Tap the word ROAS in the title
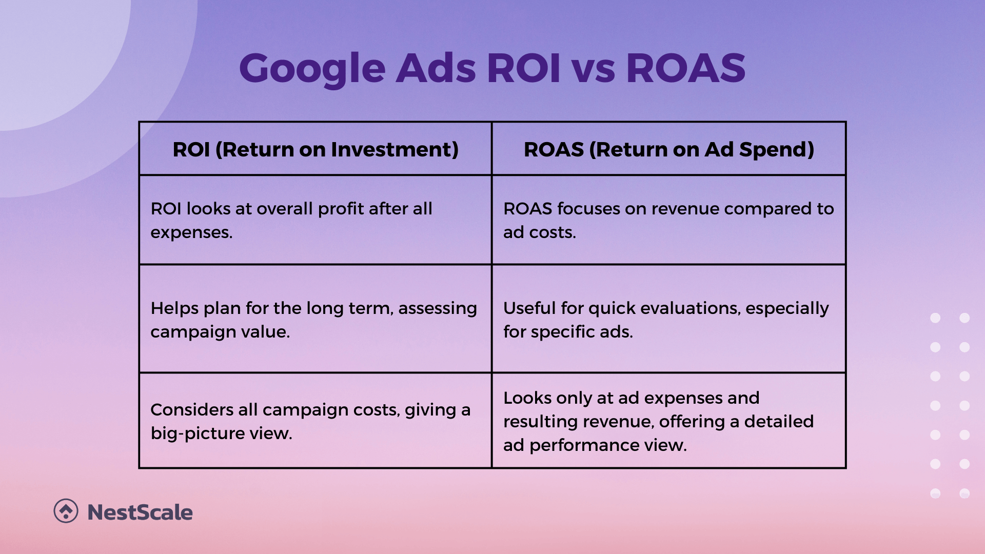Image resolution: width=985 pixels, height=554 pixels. click(x=685, y=68)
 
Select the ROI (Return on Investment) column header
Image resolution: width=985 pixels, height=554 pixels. click(x=316, y=149)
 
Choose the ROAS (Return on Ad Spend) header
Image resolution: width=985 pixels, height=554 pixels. click(x=669, y=149)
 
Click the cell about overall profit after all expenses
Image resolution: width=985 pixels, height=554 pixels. click(x=316, y=220)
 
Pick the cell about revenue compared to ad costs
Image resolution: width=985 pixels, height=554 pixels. click(x=669, y=220)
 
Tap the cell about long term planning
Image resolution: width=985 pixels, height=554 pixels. click(x=316, y=319)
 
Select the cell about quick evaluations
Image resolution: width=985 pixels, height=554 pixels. click(x=669, y=319)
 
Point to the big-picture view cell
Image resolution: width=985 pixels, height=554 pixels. click(x=316, y=421)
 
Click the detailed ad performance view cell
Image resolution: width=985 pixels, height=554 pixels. click(x=669, y=421)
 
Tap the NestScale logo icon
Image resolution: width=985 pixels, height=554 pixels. click(x=66, y=511)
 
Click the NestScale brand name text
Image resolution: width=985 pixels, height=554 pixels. click(x=140, y=512)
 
